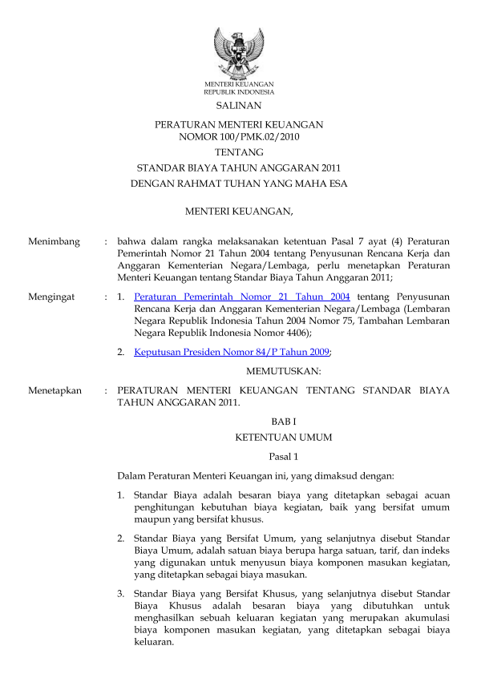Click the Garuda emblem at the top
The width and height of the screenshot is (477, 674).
coord(238,52)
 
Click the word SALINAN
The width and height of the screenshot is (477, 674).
coord(238,105)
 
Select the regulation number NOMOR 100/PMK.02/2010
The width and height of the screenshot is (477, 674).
coord(238,136)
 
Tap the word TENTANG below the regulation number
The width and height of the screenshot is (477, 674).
coord(238,151)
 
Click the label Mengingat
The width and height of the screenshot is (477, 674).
coord(51,297)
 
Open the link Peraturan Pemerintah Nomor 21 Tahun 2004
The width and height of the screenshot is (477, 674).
coord(241,297)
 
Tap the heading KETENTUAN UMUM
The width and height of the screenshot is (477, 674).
coord(283,438)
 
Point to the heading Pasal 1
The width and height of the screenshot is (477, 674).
coord(283,456)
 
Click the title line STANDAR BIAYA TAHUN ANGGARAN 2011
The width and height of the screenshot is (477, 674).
coord(238,167)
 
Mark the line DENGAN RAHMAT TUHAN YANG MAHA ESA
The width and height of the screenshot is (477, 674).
coord(238,184)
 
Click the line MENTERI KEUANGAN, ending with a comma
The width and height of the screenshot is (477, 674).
coord(238,212)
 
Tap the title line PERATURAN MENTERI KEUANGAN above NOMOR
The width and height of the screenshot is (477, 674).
coord(238,125)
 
